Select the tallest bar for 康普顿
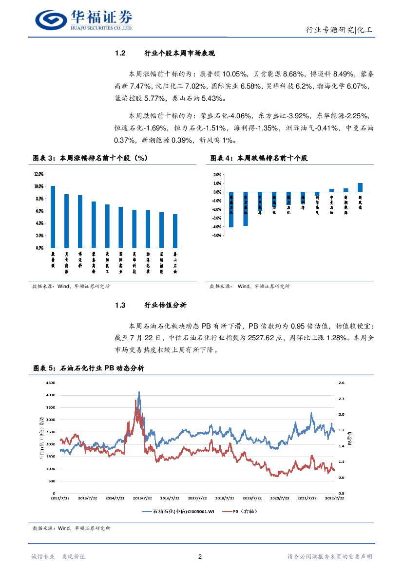tap(53, 217)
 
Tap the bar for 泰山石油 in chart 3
tap(175, 231)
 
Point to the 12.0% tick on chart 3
tap(39, 174)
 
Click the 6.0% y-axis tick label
tap(39, 211)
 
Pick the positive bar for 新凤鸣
tap(360, 187)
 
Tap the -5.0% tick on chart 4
tap(217, 235)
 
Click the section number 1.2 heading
tap(120, 53)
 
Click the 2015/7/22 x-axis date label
tap(143, 498)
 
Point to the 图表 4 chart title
tap(259, 158)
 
